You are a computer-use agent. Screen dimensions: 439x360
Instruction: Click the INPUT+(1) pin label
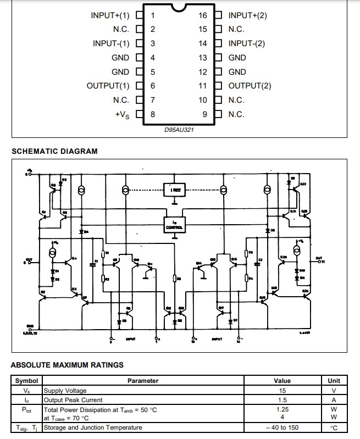[110, 15]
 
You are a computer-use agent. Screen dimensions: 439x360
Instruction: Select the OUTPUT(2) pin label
[250, 86]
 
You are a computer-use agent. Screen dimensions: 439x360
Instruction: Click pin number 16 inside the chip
[203, 15]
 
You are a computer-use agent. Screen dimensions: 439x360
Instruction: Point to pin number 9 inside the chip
[204, 114]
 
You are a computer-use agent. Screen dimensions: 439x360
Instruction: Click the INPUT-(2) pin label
[247, 43]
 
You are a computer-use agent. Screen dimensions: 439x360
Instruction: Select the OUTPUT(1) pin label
[108, 86]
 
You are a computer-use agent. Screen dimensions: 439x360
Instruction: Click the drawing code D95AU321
[179, 130]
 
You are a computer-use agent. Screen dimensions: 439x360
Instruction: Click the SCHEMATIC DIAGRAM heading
[54, 151]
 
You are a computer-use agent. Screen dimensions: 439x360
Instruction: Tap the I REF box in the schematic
[174, 189]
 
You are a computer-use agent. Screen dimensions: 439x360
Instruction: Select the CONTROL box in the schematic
[174, 225]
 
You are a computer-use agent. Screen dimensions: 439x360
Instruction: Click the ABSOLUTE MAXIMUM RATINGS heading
[67, 365]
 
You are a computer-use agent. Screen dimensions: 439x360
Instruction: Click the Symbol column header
[26, 381]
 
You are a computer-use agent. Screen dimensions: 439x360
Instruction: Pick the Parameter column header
[143, 381]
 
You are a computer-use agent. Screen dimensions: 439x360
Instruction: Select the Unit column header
[334, 381]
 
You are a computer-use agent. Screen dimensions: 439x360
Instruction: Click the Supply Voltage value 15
[282, 391]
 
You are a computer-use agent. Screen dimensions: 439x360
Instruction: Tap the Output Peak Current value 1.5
[282, 400]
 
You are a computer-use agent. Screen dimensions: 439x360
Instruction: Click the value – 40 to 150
[282, 427]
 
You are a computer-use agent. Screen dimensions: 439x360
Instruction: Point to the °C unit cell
[334, 427]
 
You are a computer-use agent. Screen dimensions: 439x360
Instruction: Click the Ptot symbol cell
[26, 409]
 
